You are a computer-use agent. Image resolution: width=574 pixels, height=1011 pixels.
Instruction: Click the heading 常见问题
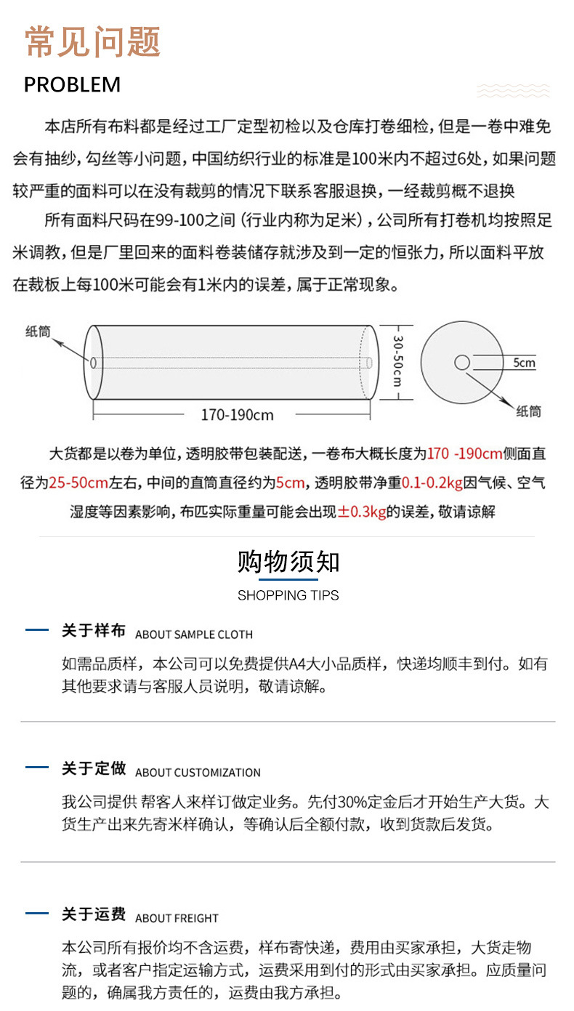pos(92,41)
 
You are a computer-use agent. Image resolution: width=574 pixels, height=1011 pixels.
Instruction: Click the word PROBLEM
pos(72,84)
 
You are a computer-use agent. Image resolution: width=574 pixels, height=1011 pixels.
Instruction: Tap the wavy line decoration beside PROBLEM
pos(513,90)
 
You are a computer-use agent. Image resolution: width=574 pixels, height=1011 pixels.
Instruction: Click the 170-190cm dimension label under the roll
pos(238,415)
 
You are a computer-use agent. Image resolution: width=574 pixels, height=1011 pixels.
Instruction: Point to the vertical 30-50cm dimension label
pos(397,361)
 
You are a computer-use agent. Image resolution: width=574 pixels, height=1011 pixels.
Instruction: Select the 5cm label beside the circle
pos(524,363)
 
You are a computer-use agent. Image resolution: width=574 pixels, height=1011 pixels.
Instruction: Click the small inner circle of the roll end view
pos(462,362)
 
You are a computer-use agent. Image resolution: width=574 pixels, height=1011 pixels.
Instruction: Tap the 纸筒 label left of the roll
pos(38,331)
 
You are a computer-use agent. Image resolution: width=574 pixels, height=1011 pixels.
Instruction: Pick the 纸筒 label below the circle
pos(528,411)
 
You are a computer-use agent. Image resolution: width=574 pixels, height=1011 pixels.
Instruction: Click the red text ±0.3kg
pos(361,512)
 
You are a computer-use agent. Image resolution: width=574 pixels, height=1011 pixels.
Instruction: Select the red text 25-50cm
pos(78,483)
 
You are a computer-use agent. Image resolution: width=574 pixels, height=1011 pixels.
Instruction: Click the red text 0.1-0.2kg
pos(432,483)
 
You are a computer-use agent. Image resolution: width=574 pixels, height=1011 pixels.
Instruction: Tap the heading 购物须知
pos(288,562)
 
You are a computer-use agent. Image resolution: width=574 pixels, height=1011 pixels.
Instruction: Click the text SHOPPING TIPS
pos(288,595)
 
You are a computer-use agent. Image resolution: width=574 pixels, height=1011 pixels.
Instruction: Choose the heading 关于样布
pos(94,631)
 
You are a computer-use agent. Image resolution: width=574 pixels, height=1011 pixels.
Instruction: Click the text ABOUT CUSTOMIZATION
pos(198,773)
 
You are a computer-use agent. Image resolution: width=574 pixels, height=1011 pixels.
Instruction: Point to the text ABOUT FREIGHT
pos(177,918)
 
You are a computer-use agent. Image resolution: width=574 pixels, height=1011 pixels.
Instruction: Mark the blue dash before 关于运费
pos(37,913)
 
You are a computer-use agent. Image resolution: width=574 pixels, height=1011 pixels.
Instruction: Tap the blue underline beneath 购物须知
pos(288,579)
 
